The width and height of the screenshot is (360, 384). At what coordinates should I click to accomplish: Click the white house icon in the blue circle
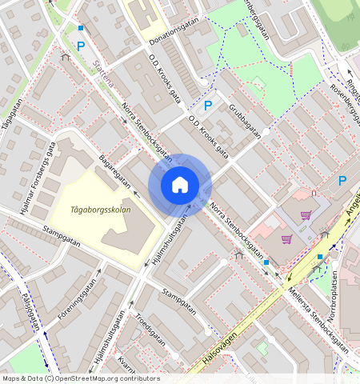(x=180, y=186)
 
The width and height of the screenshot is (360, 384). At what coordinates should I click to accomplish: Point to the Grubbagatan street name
(x=246, y=120)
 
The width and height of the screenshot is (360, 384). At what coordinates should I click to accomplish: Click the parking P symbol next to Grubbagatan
(x=208, y=106)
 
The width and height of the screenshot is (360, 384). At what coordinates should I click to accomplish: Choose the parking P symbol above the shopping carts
(x=342, y=181)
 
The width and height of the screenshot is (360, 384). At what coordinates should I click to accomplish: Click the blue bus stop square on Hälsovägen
(x=319, y=257)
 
